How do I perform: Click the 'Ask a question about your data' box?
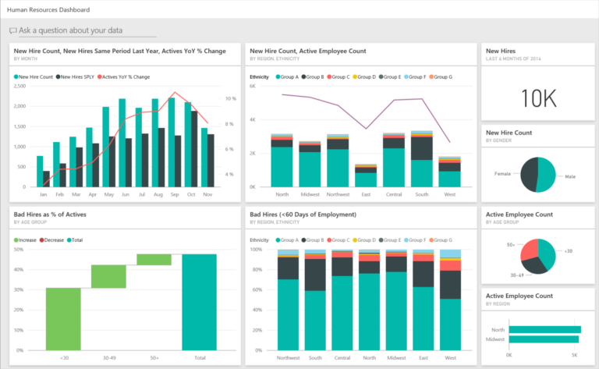coord(82,30)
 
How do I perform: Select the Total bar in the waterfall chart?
coord(200,302)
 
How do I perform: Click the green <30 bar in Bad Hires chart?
coord(62,318)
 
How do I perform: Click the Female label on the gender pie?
coord(503,173)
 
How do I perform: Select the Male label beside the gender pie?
coord(570,176)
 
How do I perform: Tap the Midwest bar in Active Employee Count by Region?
coord(543,339)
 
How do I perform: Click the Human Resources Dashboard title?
coord(47,10)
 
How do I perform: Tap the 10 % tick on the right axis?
coord(230,98)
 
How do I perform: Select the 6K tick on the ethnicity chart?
coord(253,87)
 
